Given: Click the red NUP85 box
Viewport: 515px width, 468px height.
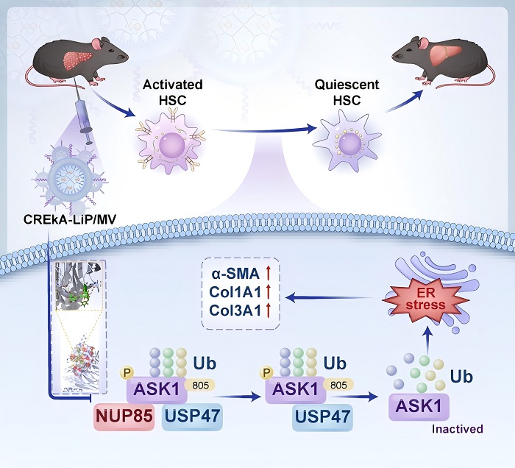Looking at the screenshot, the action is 124,416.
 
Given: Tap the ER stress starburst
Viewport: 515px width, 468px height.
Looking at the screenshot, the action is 425,299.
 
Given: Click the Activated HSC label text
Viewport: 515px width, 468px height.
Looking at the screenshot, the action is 173,92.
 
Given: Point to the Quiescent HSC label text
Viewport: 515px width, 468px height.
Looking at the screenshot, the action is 347,92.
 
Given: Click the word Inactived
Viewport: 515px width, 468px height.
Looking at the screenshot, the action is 457,429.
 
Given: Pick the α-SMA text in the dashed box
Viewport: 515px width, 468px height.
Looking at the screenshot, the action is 235,274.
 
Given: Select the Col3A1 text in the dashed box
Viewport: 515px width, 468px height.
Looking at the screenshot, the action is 235,310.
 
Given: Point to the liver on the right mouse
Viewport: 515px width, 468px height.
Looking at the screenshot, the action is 446,55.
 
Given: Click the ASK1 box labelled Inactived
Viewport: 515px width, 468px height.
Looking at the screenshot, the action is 419,407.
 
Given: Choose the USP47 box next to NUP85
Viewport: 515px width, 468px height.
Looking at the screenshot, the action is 192,416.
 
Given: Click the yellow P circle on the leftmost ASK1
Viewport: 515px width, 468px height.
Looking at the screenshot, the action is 127,372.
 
